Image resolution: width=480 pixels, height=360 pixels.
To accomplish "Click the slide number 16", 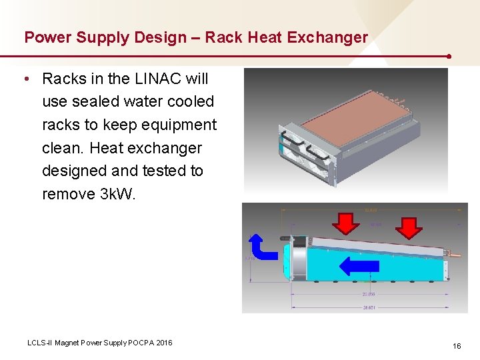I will [457, 345].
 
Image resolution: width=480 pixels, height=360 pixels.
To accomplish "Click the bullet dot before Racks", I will [25, 79].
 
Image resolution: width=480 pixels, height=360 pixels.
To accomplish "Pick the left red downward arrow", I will [345, 223].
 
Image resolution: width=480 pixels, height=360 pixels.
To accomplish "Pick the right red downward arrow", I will [409, 226].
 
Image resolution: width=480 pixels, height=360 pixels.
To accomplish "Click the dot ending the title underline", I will [451, 57].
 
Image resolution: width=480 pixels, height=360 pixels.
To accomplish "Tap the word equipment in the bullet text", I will [179, 125].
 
